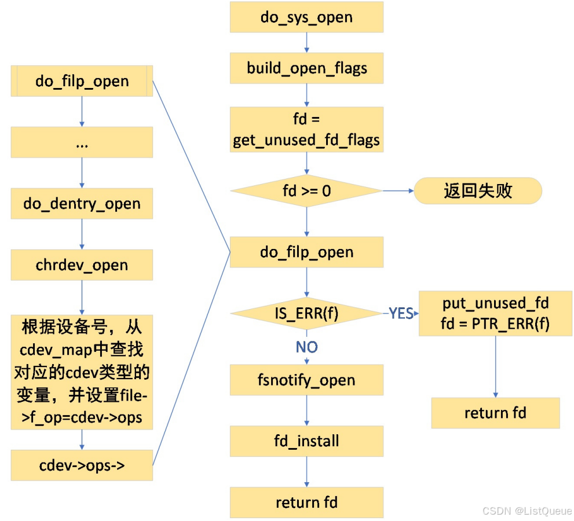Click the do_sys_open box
[306, 17]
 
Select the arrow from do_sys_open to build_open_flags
[306, 42]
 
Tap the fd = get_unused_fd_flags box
[306, 130]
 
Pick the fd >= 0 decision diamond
[306, 190]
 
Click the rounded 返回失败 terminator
[478, 191]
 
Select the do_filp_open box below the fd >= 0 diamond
[306, 252]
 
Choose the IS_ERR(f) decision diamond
[306, 314]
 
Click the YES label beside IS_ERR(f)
[401, 314]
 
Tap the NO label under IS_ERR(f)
[306, 347]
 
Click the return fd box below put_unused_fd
[495, 413]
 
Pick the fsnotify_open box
[306, 380]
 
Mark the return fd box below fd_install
[306, 502]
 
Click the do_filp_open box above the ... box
[82, 80]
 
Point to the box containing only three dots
[82, 142]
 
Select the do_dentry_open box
[82, 204]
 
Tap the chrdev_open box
[82, 265]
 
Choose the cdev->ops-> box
[82, 465]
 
